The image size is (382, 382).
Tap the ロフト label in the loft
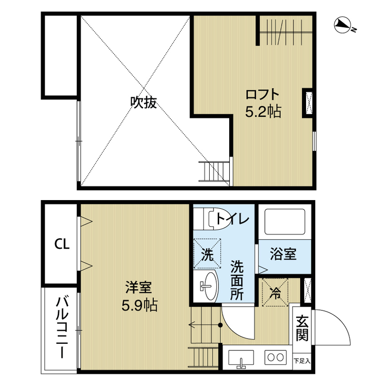point(262,94)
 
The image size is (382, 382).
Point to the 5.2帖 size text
point(263,112)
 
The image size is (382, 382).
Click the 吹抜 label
point(144,102)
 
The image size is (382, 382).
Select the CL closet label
point(62,244)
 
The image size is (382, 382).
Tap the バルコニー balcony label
point(62,327)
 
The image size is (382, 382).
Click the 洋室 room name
point(138,287)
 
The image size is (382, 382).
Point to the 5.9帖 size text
point(139,305)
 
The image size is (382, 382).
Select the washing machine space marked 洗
point(207,254)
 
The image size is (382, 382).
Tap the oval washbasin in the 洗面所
point(210,286)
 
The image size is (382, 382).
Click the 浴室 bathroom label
point(283,254)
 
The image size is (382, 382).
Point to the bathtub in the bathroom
point(285,222)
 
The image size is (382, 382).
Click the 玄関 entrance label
point(302,328)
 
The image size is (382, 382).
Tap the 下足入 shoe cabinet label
point(302,361)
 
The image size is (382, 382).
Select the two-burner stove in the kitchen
point(276,357)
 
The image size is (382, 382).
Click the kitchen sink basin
point(241,357)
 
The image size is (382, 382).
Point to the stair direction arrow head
point(192,325)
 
